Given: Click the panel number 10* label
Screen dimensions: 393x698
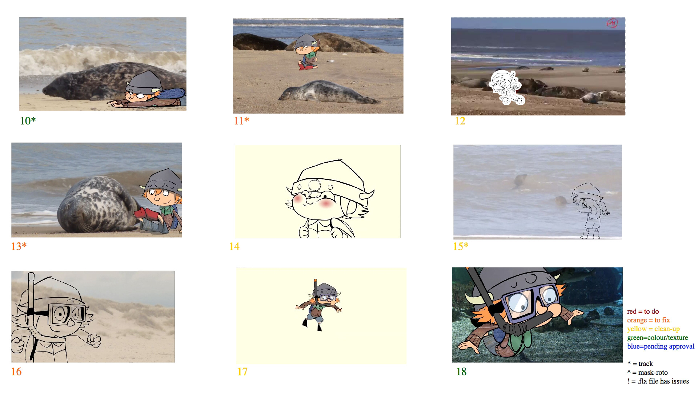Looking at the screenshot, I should pyautogui.click(x=28, y=121).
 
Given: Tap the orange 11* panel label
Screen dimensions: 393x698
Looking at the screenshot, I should pyautogui.click(x=241, y=121).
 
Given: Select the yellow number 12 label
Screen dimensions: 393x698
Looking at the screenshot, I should pyautogui.click(x=460, y=121).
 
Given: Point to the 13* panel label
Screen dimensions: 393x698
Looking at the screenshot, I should pyautogui.click(x=19, y=246).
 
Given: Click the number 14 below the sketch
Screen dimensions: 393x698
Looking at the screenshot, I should pyautogui.click(x=234, y=246).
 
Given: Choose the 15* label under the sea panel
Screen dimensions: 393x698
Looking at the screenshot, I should pyautogui.click(x=460, y=246).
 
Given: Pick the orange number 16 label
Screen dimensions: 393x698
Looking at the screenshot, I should pyautogui.click(x=16, y=372).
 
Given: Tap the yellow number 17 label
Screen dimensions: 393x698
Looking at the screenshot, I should pyautogui.click(x=242, y=372).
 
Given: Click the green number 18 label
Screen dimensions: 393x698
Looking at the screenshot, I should pyautogui.click(x=461, y=372).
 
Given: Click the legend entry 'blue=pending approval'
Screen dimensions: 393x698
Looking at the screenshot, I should pyautogui.click(x=661, y=346).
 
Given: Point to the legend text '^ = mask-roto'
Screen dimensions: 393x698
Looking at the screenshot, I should pyautogui.click(x=647, y=372).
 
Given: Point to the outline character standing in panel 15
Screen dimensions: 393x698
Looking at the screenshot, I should pyautogui.click(x=590, y=211).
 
